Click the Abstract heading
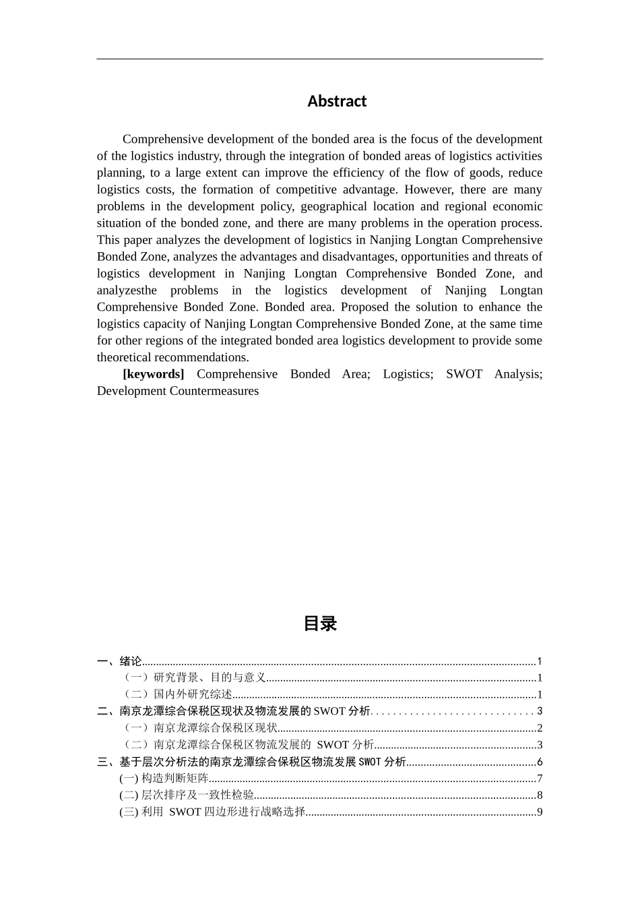[x=337, y=101]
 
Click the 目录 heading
[x=320, y=624]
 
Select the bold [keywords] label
[x=153, y=374]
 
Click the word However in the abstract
[x=428, y=189]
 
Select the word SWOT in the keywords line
[x=463, y=374]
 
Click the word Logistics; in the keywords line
[x=408, y=374]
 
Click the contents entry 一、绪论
[x=119, y=661]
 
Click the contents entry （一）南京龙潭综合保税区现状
[x=199, y=728]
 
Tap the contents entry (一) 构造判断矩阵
[x=164, y=779]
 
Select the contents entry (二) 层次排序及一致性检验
[x=187, y=795]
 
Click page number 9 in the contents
[x=540, y=812]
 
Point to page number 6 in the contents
[x=540, y=762]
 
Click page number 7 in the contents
[x=540, y=779]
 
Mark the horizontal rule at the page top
[x=319, y=59]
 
